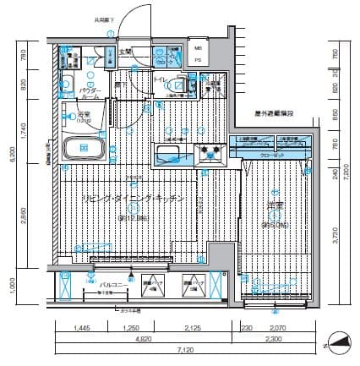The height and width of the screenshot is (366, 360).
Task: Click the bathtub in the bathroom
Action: (83, 149)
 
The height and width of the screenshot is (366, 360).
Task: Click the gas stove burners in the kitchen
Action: (209, 152)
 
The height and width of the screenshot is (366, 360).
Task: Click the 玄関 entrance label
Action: (126, 53)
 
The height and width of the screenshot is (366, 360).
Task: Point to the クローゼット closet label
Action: (272, 156)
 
